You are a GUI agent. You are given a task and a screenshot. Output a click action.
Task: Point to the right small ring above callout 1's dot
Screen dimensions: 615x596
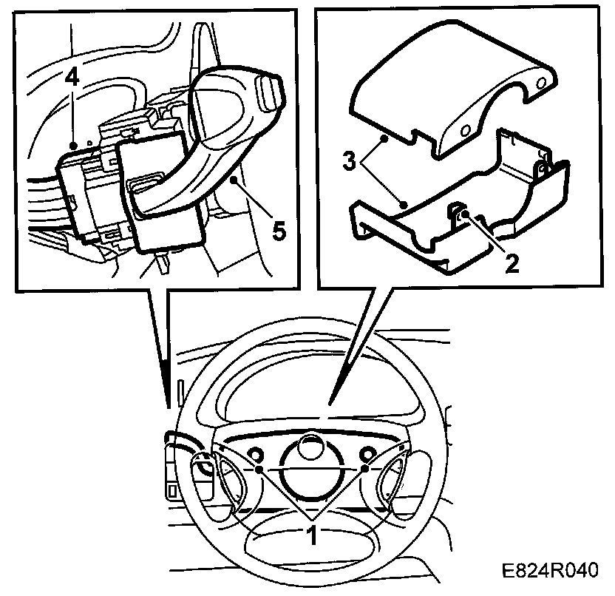pyautogui.click(x=367, y=454)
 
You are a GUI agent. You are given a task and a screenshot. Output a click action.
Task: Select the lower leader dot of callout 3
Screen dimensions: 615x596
pyautogui.click(x=404, y=201)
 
